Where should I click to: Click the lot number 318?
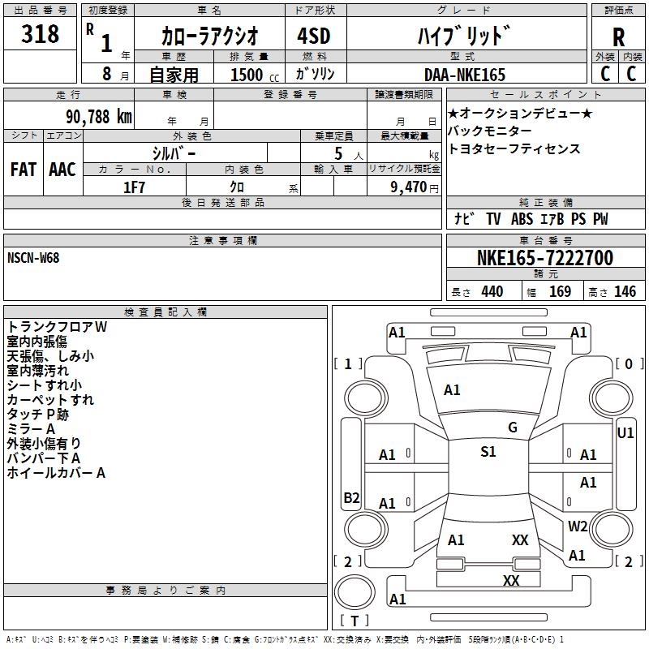pos(41,34)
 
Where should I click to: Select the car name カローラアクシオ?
pos(209,36)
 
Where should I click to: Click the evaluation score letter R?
pos(618,37)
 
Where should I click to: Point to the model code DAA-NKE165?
pos(464,75)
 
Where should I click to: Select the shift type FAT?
pos(23,169)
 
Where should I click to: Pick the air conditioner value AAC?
pos(62,169)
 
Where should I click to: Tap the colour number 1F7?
pos(134,187)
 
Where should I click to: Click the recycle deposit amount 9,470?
pos(408,187)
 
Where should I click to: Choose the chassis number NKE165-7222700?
pos(544,258)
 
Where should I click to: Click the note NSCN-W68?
pos(33,258)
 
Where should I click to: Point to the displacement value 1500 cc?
pos(248,75)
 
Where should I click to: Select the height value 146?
pos(625,291)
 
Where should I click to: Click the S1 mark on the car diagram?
pos(488,452)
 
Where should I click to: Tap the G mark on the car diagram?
pos(512,428)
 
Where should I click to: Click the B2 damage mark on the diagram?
pos(351,498)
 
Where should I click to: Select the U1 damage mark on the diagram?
pos(625,433)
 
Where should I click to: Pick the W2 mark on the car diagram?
pos(578,526)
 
